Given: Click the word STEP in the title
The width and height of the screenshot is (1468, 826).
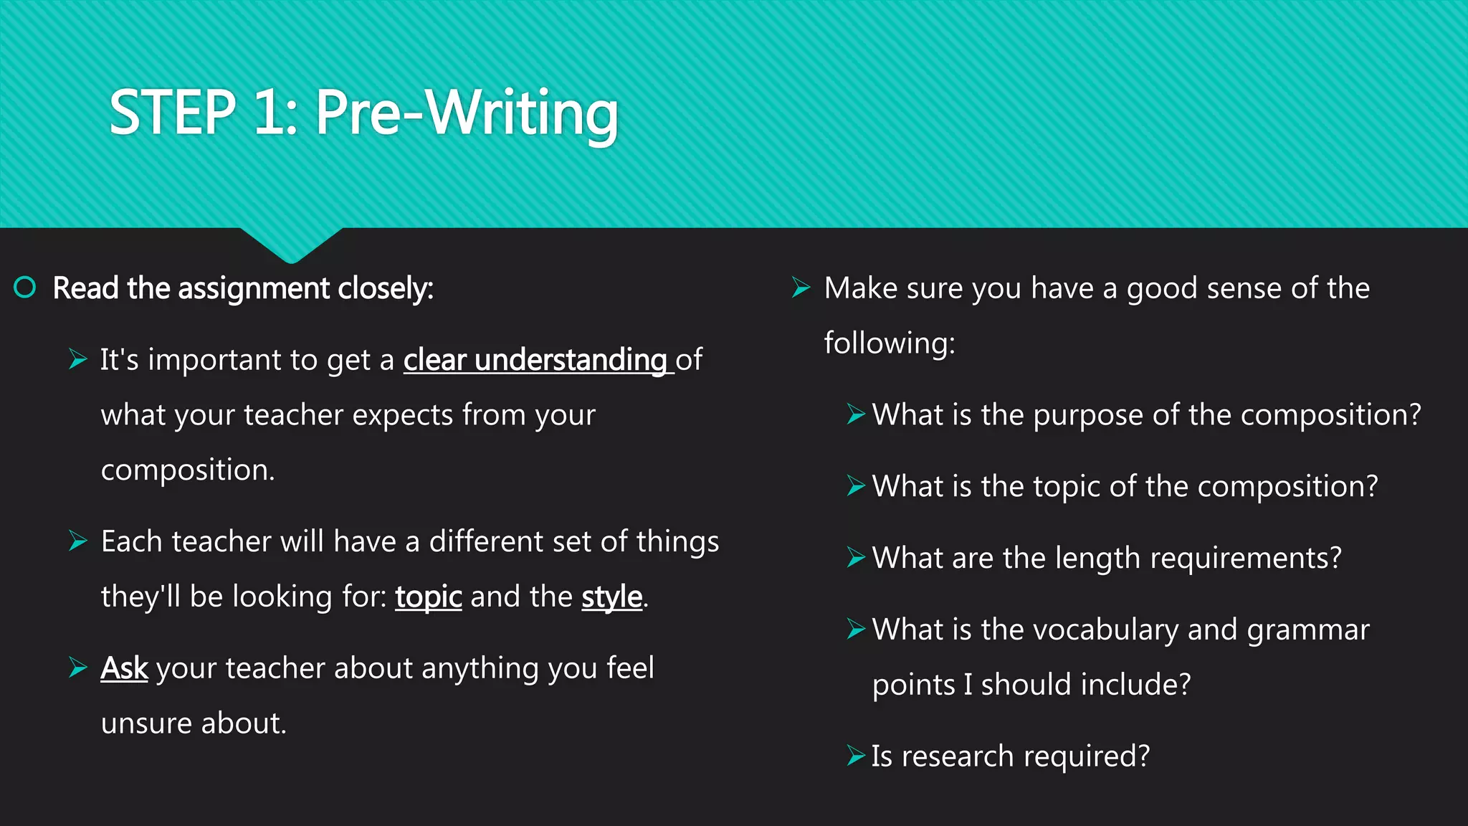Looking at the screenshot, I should tap(172, 113).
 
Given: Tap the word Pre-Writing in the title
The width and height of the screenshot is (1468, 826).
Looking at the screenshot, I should tap(467, 113).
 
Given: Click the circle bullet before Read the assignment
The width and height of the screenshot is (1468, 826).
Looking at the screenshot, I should tap(25, 288).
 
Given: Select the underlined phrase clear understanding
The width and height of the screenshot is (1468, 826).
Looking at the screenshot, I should tap(535, 360).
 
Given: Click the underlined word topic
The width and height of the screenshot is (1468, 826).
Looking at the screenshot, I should tap(428, 597).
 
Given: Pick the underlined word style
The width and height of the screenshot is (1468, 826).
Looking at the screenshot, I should tap(611, 597).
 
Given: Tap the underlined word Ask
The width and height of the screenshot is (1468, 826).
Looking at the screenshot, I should tap(124, 668).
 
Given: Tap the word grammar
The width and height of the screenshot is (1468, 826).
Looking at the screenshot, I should tap(1308, 630).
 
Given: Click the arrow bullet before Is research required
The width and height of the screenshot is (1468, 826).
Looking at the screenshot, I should tap(856, 756).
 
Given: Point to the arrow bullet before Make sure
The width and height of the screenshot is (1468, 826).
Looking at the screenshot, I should tap(801, 288).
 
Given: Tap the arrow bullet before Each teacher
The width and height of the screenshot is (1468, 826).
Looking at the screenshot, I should tap(78, 541).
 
